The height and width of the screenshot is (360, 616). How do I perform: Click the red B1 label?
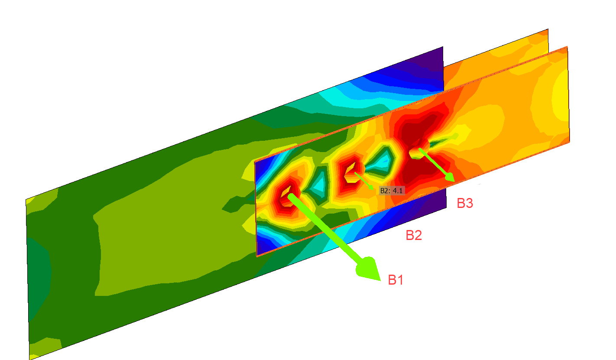point(396,280)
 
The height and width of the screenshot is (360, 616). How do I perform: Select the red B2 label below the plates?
point(414,235)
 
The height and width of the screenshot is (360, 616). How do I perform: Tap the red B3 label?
point(465,203)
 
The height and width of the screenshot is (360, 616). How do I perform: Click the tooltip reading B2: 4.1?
point(392,190)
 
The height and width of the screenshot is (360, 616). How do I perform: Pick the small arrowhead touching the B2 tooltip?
point(371,188)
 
